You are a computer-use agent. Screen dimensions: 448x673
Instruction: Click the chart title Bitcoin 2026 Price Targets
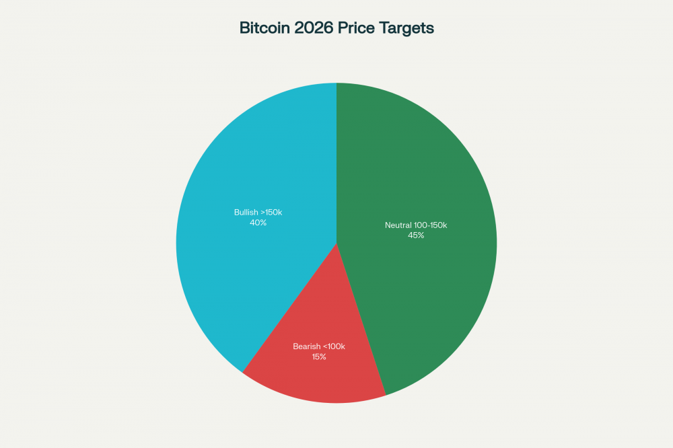(336, 28)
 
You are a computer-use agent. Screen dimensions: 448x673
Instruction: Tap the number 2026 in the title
(316, 28)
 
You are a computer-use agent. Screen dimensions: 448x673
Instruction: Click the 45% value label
(416, 235)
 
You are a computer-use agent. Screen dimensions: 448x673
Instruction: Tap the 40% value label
(258, 223)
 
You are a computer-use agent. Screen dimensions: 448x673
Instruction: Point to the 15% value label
(318, 357)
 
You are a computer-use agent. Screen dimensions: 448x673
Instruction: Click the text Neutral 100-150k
(416, 225)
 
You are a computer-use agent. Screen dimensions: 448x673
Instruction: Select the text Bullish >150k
(258, 213)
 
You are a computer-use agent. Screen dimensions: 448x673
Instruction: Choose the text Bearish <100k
(318, 346)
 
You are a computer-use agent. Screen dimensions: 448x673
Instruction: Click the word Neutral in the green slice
(398, 225)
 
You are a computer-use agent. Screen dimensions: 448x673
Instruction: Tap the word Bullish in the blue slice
(246, 213)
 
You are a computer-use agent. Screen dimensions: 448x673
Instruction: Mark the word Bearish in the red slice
(306, 346)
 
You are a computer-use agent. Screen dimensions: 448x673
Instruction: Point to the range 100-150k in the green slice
(431, 225)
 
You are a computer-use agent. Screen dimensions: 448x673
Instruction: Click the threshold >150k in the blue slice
(271, 213)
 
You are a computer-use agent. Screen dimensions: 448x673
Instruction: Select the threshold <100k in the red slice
(333, 346)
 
